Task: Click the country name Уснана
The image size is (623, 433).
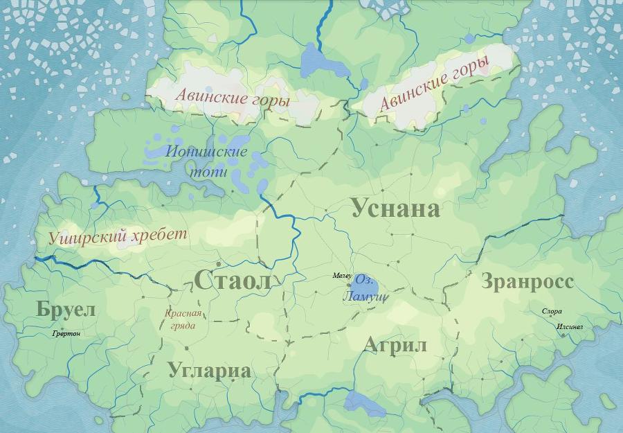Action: click(395, 209)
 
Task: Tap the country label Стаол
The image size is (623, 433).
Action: click(232, 281)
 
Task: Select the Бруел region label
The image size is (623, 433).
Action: click(66, 310)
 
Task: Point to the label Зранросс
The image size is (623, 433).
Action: click(527, 282)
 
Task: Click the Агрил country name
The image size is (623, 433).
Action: click(395, 345)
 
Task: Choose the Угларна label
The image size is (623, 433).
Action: click(209, 371)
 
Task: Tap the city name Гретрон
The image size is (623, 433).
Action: click(66, 334)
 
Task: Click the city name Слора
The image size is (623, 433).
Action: click(552, 312)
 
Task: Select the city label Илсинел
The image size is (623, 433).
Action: click(570, 326)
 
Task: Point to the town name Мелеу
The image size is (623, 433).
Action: click(342, 276)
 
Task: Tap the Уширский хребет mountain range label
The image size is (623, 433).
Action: click(118, 236)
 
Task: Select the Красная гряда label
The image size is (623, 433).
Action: click(183, 319)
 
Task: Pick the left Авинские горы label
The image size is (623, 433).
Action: click(232, 98)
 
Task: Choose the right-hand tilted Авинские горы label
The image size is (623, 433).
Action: click(435, 84)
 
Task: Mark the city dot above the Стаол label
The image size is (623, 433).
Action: click(218, 264)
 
